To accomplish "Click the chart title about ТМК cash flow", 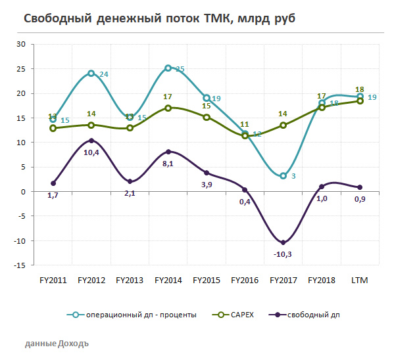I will tap(160, 18).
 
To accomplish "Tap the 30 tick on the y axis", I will tap(39, 44).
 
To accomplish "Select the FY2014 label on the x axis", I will tap(168, 281).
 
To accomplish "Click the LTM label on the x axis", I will tap(360, 281).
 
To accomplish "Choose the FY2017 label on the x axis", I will tap(283, 281).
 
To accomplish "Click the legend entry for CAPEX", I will tap(241, 315).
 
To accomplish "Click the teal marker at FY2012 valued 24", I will tap(91, 74).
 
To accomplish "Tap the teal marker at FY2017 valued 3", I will tap(283, 176).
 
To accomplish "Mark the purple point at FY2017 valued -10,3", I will tap(283, 242).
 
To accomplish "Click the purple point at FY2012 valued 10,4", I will tap(91, 141).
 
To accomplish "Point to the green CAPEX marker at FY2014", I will tap(168, 108).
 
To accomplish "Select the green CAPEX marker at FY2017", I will tap(283, 125).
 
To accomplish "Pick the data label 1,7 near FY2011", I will tap(53, 195).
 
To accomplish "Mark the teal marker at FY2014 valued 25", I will tap(168, 68).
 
